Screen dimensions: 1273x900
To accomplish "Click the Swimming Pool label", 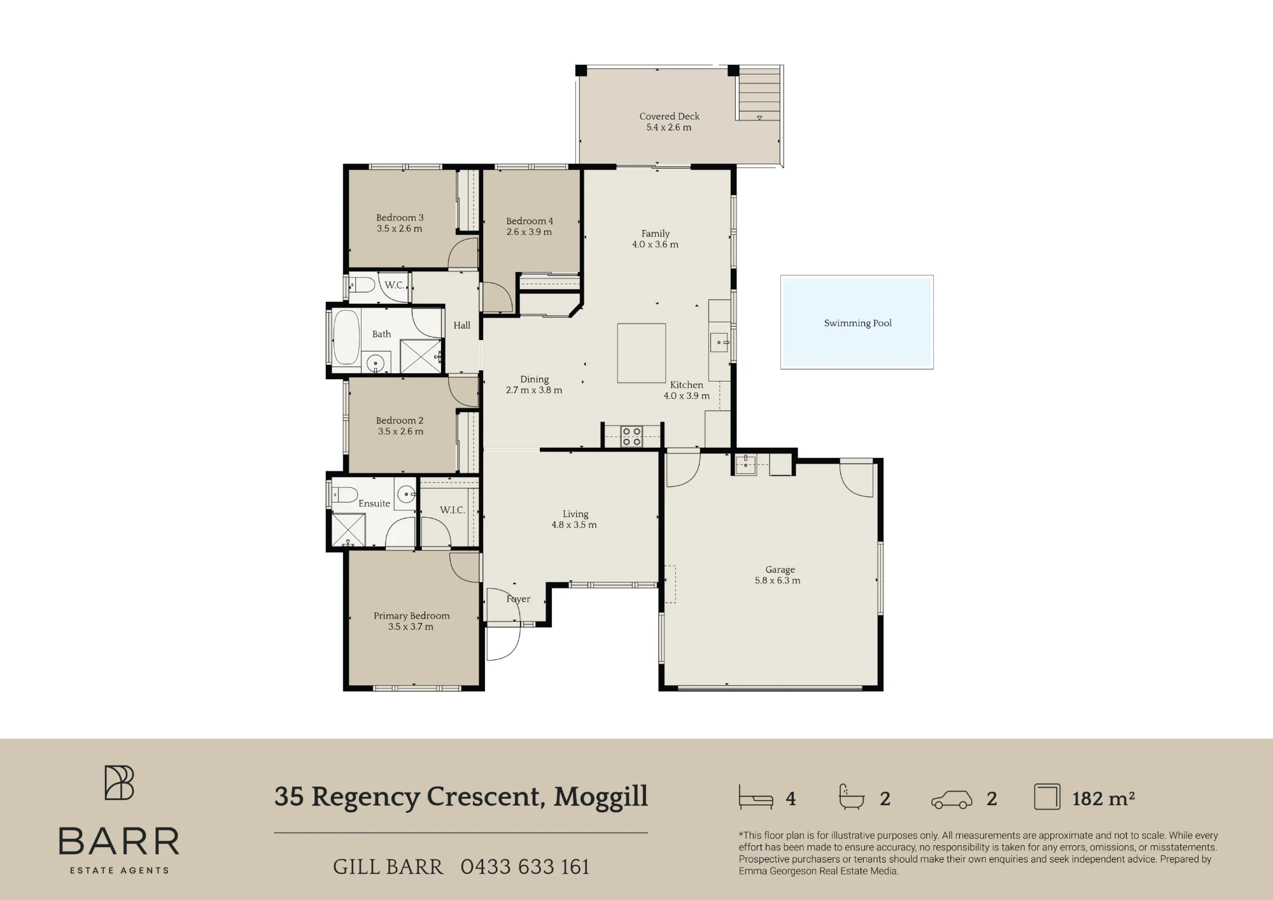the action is (x=857, y=323).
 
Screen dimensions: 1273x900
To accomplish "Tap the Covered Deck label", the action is (x=669, y=117).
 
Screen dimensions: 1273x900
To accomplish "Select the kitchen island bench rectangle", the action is (x=642, y=353).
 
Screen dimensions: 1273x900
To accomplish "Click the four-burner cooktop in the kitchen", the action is (x=631, y=436).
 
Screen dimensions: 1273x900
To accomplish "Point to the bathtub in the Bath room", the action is (x=346, y=338).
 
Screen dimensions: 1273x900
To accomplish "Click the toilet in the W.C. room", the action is (x=362, y=285).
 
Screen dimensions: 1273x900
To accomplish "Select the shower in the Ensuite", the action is (x=348, y=529).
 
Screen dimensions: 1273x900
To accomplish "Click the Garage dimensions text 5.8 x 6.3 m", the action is (x=777, y=580).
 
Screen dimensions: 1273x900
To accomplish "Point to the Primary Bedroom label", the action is (x=411, y=616).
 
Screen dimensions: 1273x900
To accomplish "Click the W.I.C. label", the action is (x=452, y=510).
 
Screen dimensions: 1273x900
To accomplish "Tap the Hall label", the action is (x=462, y=325).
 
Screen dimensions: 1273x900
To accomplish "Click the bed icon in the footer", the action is (x=756, y=797).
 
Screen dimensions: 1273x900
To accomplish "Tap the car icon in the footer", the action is (x=952, y=799).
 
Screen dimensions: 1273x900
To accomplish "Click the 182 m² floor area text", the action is (x=1103, y=798).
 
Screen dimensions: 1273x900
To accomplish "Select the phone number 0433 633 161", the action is (x=525, y=867).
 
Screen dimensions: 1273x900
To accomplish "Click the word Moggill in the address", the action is (x=600, y=797).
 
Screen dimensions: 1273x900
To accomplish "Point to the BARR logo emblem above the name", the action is (x=119, y=782).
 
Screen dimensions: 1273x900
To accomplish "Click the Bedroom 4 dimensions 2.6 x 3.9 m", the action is (x=529, y=232).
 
